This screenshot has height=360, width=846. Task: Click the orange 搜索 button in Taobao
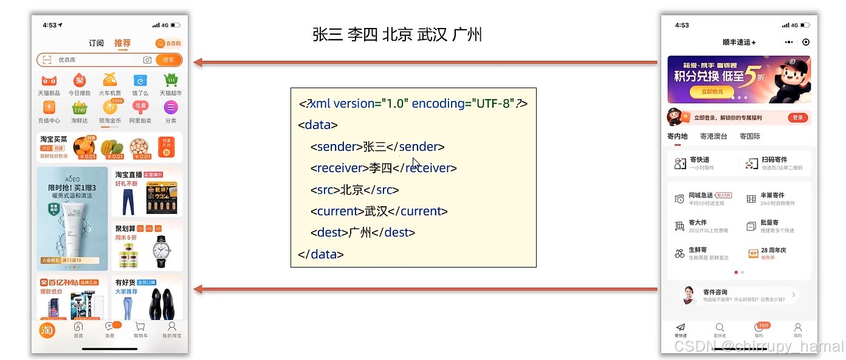168,60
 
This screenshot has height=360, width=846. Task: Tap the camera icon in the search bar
147,60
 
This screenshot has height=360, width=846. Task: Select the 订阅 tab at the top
96,43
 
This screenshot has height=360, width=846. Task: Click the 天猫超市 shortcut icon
171,80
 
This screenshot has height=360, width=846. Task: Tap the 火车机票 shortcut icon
109,80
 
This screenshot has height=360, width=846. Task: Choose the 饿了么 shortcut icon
140,80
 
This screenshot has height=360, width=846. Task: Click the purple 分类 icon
171,108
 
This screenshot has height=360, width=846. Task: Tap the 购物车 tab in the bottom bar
140,328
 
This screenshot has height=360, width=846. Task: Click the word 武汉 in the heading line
433,34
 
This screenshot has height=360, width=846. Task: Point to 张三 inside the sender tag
374,147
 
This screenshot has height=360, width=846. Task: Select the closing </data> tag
321,254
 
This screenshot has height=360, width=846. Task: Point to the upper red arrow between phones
425,62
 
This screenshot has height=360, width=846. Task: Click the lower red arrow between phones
425,290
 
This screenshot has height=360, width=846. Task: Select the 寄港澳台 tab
714,136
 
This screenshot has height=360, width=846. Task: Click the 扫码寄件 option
774,163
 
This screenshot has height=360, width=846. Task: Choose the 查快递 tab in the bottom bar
720,330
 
